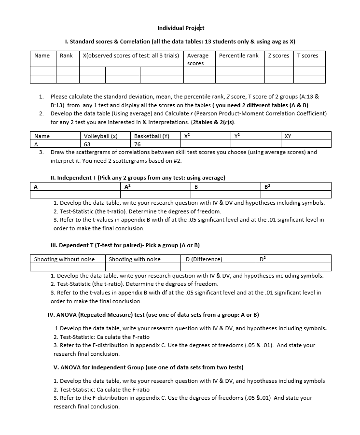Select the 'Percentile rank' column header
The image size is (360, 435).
pyautogui.click(x=238, y=56)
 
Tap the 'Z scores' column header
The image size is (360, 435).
pyautogui.click(x=278, y=56)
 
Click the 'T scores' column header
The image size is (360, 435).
pyautogui.click(x=307, y=56)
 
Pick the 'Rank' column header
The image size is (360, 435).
pyautogui.click(x=66, y=56)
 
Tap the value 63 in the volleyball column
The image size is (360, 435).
pyautogui.click(x=87, y=144)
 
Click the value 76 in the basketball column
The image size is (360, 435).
pyautogui.click(x=138, y=144)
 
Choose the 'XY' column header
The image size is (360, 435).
pyautogui.click(x=288, y=136)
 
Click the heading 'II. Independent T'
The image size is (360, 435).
pyautogui.click(x=138, y=178)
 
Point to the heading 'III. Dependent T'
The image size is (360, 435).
pyautogui.click(x=125, y=245)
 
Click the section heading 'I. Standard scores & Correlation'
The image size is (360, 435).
pyautogui.click(x=180, y=42)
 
